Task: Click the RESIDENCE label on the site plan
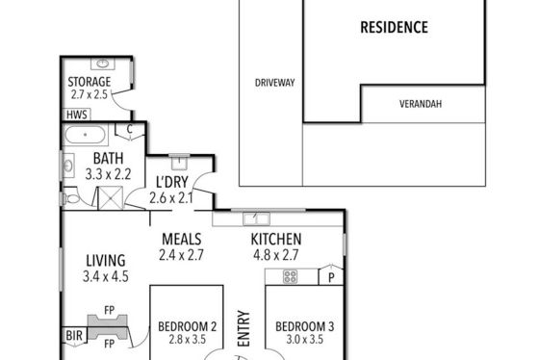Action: (x=394, y=28)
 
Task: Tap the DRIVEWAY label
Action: (x=274, y=83)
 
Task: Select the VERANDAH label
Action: (x=421, y=104)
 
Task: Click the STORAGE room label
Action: (x=89, y=82)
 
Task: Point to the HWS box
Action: (x=76, y=115)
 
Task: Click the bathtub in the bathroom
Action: (x=86, y=135)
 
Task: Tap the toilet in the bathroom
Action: (x=71, y=198)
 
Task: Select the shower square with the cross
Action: (x=111, y=198)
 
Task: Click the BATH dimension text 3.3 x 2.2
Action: (x=108, y=174)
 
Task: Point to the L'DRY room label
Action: (x=172, y=182)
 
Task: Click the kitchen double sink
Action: (x=256, y=219)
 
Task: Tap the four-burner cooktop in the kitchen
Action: (x=290, y=277)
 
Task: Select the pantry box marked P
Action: (x=331, y=275)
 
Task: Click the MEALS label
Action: (x=182, y=240)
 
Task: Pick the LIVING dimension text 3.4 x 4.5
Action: (x=106, y=276)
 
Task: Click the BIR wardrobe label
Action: (x=74, y=335)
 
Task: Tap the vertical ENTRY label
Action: (x=244, y=328)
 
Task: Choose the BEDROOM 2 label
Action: (x=188, y=326)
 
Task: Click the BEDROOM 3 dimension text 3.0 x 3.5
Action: (x=304, y=340)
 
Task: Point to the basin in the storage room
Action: (x=102, y=64)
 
